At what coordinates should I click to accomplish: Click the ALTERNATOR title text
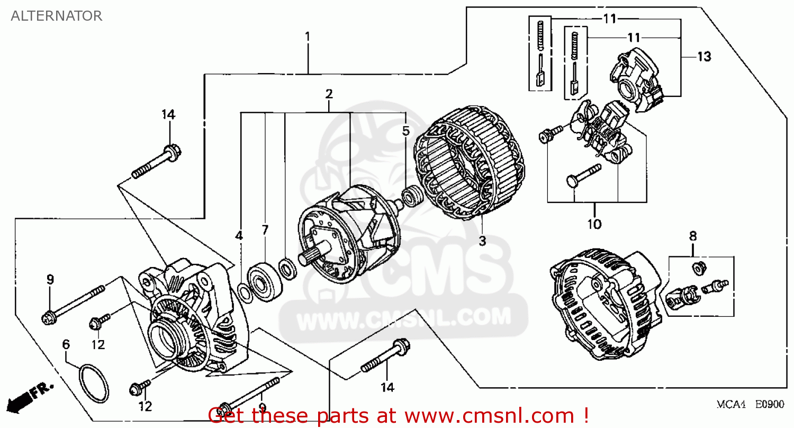point(57,16)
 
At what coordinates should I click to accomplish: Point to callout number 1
point(307,38)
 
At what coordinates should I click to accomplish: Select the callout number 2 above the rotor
point(329,94)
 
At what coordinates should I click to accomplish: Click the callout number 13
point(704,57)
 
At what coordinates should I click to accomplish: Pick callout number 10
point(594,224)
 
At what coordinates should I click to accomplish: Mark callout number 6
point(66,344)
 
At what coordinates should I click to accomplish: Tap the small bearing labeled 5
point(410,197)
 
